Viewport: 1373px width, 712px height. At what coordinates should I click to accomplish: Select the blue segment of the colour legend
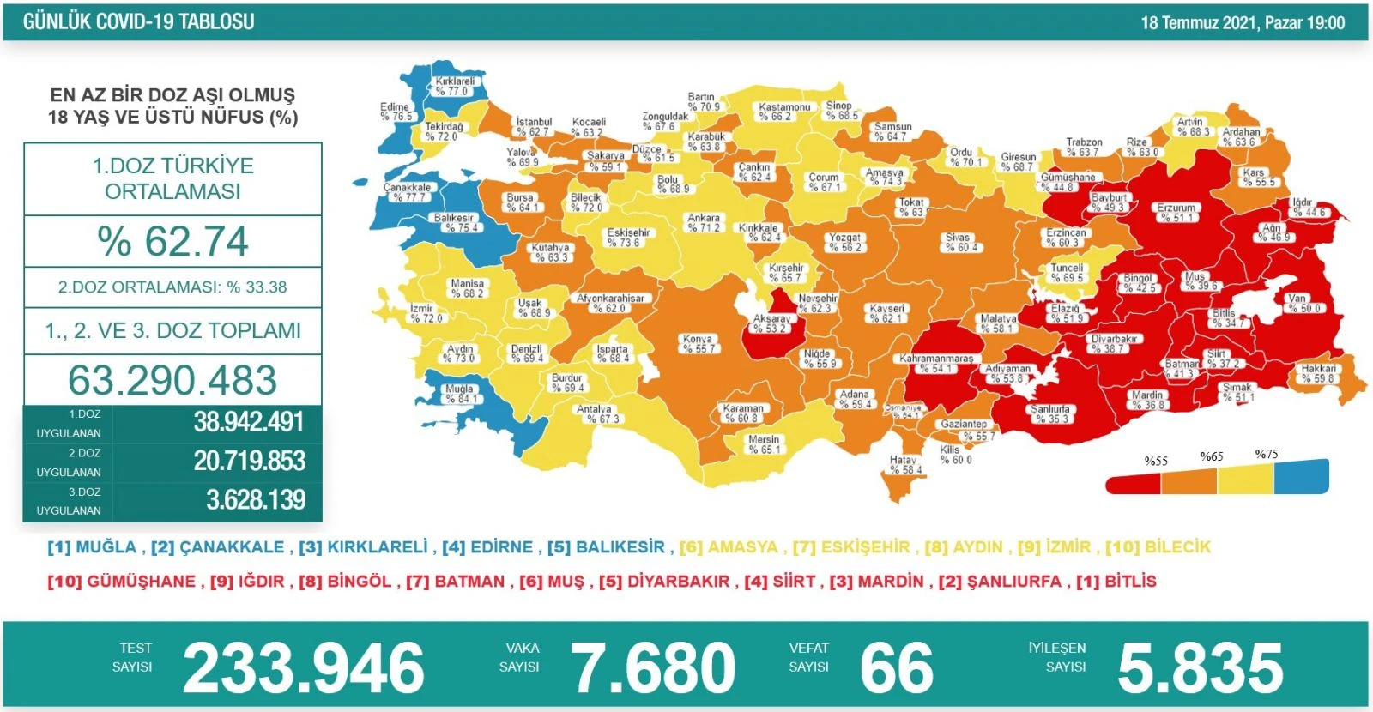[1301, 477]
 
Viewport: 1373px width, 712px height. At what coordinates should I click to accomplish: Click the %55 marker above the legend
[1156, 461]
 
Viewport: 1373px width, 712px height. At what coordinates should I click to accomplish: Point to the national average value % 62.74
[172, 241]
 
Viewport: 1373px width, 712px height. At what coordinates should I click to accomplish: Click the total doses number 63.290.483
[172, 380]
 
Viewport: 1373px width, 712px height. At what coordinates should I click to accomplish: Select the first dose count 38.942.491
[248, 422]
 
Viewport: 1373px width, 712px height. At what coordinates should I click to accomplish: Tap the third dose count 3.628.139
[255, 500]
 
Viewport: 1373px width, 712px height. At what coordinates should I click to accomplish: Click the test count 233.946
[304, 667]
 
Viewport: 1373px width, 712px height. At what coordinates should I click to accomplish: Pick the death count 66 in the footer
[896, 667]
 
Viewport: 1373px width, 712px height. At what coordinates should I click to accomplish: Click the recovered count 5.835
[1200, 667]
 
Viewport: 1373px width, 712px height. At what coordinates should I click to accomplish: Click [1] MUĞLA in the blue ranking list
[92, 547]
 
